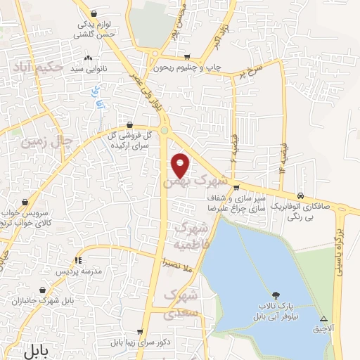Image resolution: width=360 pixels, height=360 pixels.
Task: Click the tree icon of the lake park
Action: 275,295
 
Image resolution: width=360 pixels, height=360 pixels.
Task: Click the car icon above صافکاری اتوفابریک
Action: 301,195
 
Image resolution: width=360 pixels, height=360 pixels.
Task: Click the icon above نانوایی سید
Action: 88,58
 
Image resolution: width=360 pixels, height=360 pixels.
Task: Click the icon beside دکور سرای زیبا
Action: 141,331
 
